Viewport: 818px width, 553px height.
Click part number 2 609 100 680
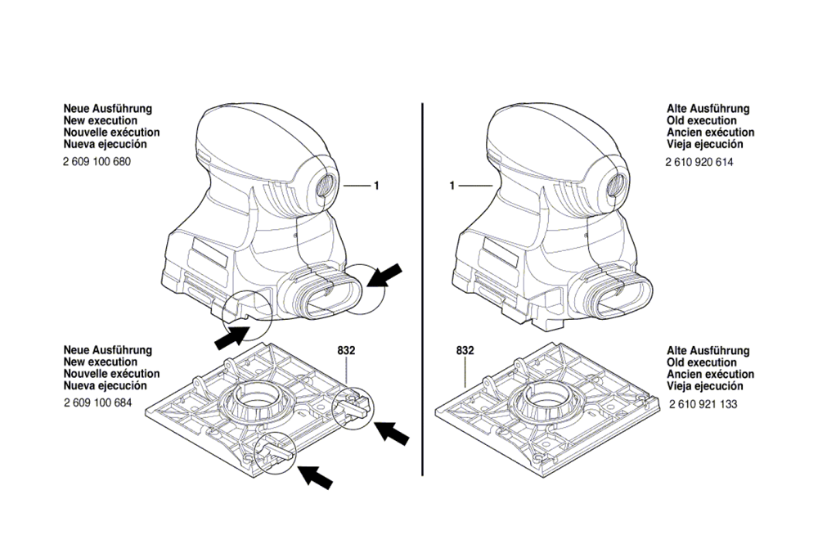tap(97, 162)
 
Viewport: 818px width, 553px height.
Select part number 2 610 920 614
tap(699, 162)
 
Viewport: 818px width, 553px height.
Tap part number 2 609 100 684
tap(98, 402)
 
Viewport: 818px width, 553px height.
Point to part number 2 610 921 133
tap(703, 404)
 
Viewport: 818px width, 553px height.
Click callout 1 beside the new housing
tap(375, 186)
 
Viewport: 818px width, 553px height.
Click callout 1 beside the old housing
tap(452, 186)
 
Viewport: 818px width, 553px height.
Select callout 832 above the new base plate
tap(346, 351)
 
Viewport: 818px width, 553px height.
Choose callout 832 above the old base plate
tap(465, 351)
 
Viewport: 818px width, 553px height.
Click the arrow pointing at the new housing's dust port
tap(384, 276)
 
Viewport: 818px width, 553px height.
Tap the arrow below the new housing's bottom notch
tap(232, 336)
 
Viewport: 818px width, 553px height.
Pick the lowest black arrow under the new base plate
tap(315, 476)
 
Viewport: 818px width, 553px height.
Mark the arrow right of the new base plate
tap(392, 433)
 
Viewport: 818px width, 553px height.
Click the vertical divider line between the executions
tap(422, 290)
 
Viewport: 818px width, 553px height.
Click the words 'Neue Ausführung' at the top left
tap(108, 109)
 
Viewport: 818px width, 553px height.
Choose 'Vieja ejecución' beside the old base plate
tap(704, 386)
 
